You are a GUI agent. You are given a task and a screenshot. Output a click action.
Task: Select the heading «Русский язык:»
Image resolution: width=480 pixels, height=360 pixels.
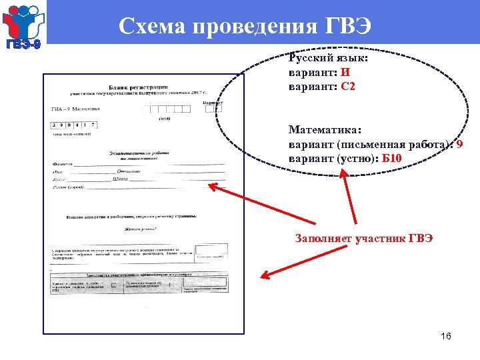[x=328, y=58]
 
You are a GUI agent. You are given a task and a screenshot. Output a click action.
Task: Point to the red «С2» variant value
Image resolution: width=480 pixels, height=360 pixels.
[x=347, y=86]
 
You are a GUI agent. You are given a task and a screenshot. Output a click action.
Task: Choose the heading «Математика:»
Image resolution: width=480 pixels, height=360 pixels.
[x=324, y=129]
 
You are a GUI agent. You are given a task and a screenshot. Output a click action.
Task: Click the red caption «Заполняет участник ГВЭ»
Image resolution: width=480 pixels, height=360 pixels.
[x=363, y=238]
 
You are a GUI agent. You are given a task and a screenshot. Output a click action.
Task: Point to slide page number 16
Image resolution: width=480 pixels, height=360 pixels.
[x=445, y=336]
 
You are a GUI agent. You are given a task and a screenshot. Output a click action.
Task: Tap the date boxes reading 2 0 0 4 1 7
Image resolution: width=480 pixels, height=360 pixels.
[x=75, y=125]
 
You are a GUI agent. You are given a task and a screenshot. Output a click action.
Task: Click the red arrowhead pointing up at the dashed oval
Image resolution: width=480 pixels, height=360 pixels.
[x=343, y=173]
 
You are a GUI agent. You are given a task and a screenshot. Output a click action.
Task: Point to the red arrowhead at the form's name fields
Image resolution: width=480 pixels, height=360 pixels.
[x=213, y=187]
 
